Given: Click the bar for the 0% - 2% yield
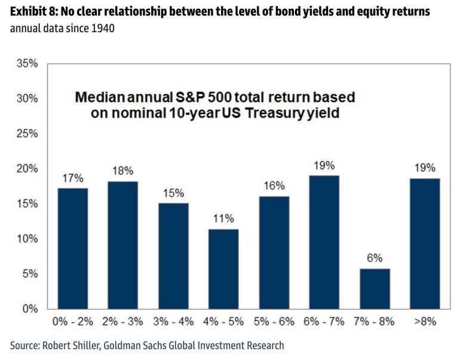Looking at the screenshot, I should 73,248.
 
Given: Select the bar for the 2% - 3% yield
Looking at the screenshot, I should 122,245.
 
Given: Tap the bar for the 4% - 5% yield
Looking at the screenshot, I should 223,269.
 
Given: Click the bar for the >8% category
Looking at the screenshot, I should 425,244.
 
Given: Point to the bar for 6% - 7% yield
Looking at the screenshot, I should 324,242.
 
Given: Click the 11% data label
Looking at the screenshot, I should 223,219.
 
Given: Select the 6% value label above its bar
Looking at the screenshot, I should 375,258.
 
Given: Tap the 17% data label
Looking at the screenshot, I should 73,178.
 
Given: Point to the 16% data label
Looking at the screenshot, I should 274,186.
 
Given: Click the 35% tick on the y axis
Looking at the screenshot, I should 26,64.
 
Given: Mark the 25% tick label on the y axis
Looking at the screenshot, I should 26,134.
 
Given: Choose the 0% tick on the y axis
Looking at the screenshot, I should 30,309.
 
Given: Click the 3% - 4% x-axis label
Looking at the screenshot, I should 173,322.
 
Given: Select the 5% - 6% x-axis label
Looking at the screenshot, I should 274,322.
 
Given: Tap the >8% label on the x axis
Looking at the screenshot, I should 425,322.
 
